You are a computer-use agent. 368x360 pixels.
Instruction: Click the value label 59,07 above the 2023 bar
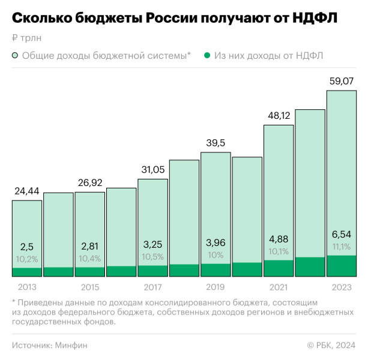click(x=342, y=82)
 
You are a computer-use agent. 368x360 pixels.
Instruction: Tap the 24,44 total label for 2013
click(x=27, y=191)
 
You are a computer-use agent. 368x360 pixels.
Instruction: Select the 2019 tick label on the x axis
click(x=216, y=287)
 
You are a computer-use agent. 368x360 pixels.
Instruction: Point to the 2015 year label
click(x=89, y=287)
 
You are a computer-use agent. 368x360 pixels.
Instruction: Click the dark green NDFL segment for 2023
click(x=342, y=266)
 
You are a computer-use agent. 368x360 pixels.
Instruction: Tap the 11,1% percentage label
click(x=342, y=247)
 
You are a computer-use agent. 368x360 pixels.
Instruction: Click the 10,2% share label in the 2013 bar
click(x=27, y=259)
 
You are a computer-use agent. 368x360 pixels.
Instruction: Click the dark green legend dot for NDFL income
click(x=207, y=56)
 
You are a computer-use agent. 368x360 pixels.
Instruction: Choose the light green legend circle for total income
click(x=15, y=56)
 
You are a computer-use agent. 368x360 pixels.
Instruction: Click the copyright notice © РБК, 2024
click(x=331, y=345)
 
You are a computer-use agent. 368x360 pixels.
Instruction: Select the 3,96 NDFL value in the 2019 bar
click(x=216, y=242)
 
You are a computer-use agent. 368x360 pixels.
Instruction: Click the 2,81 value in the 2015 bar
click(x=89, y=247)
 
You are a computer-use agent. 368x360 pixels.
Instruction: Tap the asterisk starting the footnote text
click(x=13, y=303)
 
